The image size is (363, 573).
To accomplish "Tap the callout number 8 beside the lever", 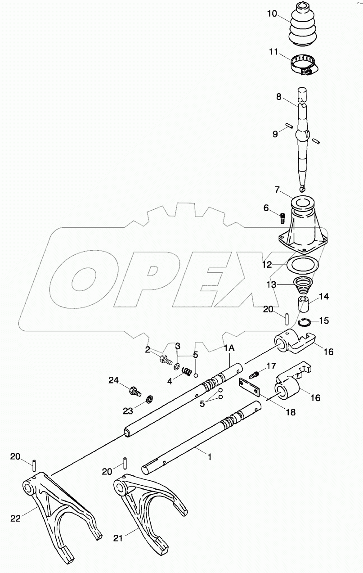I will pos(279,96).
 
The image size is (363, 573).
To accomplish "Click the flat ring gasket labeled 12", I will pos(301,265).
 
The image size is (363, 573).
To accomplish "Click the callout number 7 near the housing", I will pos(278,189).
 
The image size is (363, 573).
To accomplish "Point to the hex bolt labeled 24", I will pos(134,390).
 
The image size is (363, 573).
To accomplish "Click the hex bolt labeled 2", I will pos(165,360).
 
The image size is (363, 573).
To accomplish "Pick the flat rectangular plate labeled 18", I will pos(250,385).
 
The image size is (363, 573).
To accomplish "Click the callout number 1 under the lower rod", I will pos(209,456).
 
